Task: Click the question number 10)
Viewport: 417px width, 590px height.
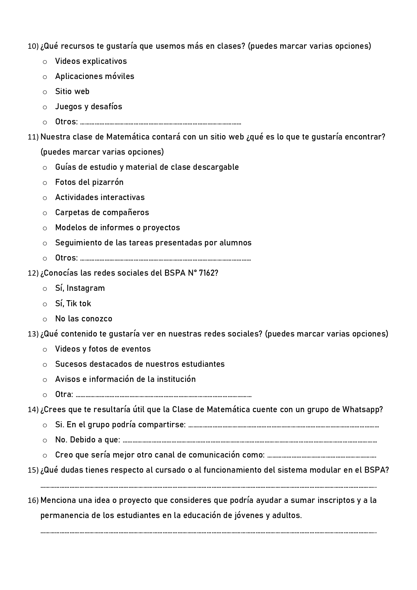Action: pos(33,46)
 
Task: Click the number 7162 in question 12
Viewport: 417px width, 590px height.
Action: pos(207,273)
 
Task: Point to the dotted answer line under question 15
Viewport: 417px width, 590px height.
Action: pos(208,486)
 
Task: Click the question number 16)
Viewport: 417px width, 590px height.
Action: pos(33,501)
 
